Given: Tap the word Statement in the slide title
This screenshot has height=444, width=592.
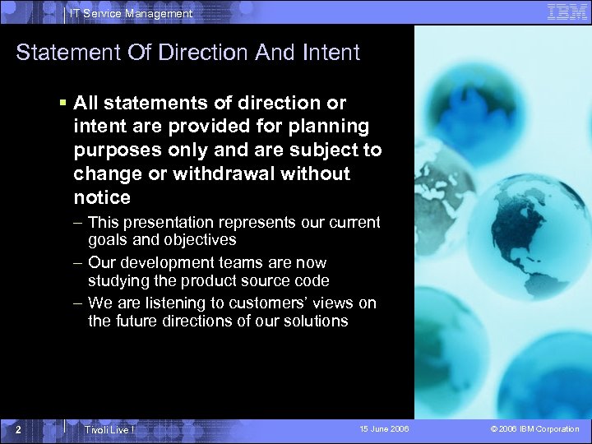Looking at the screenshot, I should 67,53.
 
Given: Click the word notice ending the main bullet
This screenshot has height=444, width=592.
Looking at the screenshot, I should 102,197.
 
